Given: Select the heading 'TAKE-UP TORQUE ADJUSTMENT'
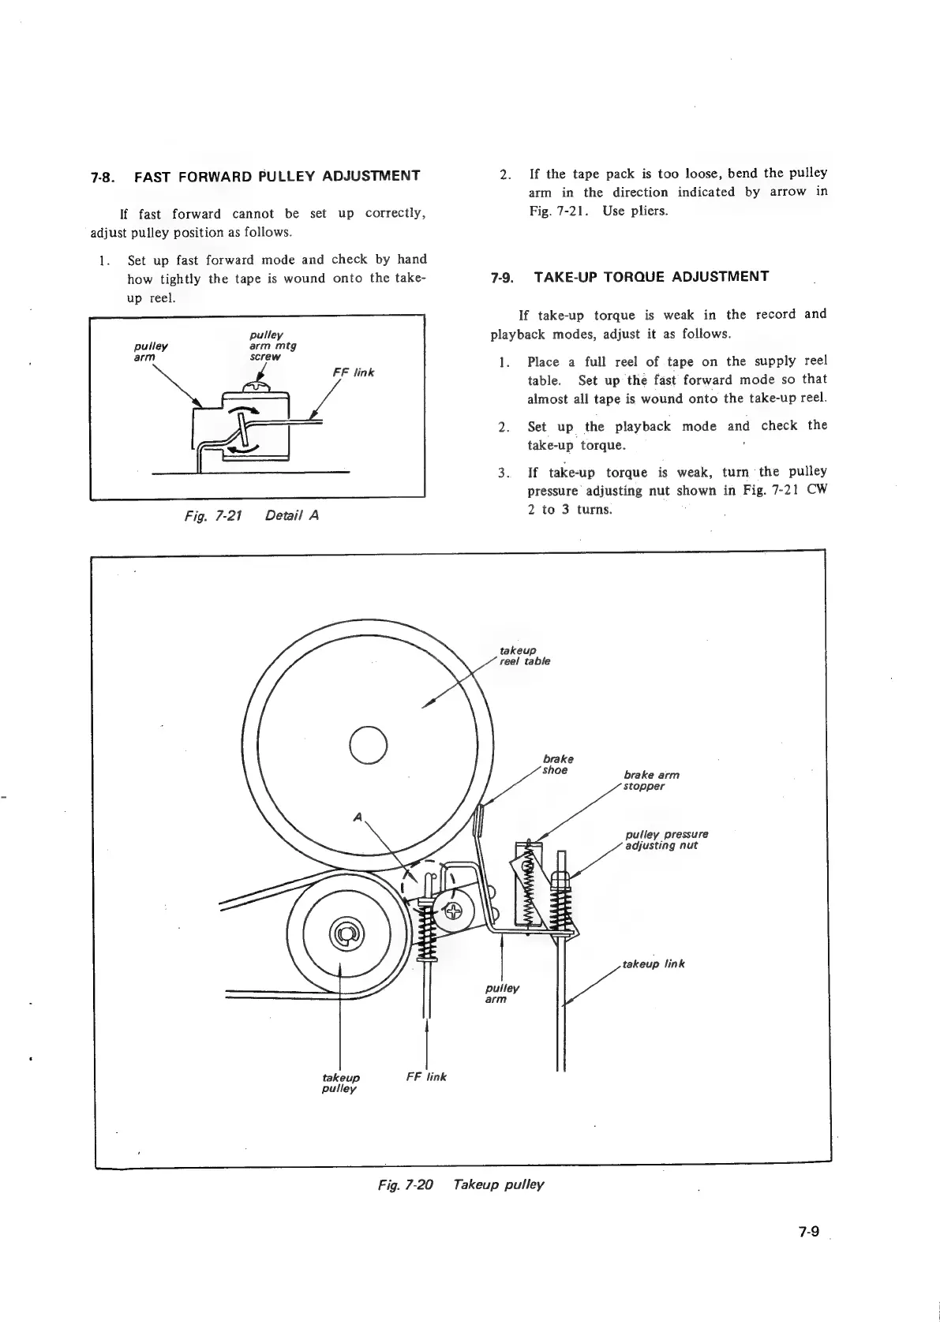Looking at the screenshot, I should tap(651, 277).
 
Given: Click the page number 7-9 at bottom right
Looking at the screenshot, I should tap(810, 1231).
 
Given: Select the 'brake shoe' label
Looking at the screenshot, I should tap(556, 765).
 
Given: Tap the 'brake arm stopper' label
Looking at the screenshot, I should tap(650, 780).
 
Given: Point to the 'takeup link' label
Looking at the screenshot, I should tap(654, 963).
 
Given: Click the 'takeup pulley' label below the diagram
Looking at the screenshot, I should tap(341, 1083).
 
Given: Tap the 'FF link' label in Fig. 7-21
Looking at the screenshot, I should tap(352, 372).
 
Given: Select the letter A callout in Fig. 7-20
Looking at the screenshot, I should tap(358, 818).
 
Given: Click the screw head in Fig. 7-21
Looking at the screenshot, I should tap(257, 386).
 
